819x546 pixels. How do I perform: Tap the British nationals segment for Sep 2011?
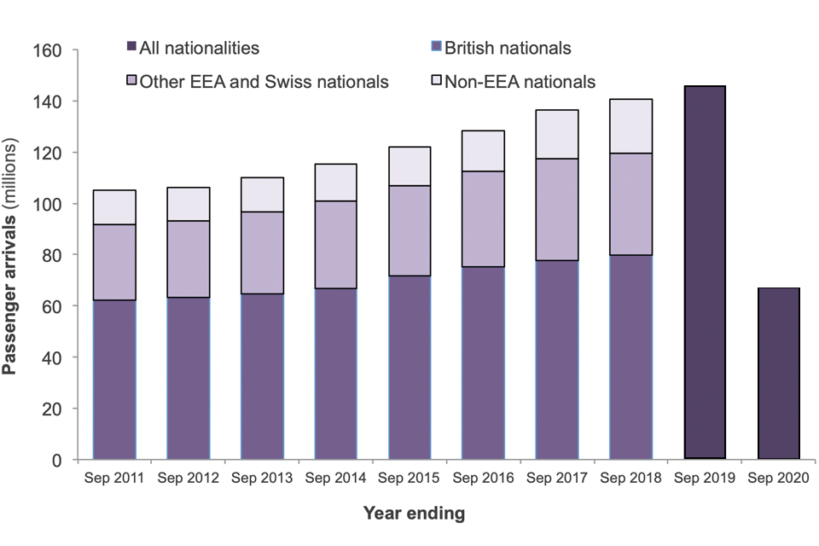pyautogui.click(x=114, y=380)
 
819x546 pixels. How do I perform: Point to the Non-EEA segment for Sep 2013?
pyautogui.click(x=262, y=195)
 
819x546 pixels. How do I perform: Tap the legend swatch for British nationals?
pyautogui.click(x=436, y=48)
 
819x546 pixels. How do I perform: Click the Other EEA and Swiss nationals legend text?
pyautogui.click(x=264, y=82)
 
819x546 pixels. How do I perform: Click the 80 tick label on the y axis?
pyautogui.click(x=53, y=255)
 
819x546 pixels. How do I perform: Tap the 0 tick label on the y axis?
pyautogui.click(x=58, y=460)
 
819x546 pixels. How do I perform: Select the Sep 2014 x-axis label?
pyautogui.click(x=335, y=478)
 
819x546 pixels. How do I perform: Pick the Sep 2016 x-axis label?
pyautogui.click(x=483, y=478)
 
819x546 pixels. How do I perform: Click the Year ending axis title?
pyautogui.click(x=415, y=514)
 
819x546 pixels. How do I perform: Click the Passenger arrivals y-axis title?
pyautogui.click(x=12, y=256)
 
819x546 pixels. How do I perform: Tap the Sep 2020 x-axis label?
pyautogui.click(x=779, y=478)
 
